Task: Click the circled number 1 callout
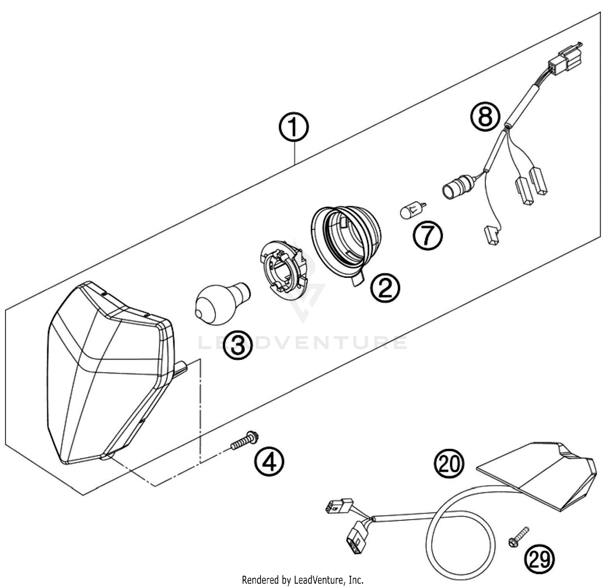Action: pyautogui.click(x=294, y=128)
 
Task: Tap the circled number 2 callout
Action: pyautogui.click(x=385, y=287)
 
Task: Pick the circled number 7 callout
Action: pyautogui.click(x=427, y=236)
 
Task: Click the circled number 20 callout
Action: pyautogui.click(x=449, y=463)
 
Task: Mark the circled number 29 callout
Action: pyautogui.click(x=539, y=559)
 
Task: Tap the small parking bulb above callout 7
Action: pyautogui.click(x=412, y=211)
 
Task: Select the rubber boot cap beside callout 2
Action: pyautogui.click(x=347, y=241)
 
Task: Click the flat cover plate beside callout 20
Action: pyautogui.click(x=541, y=475)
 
